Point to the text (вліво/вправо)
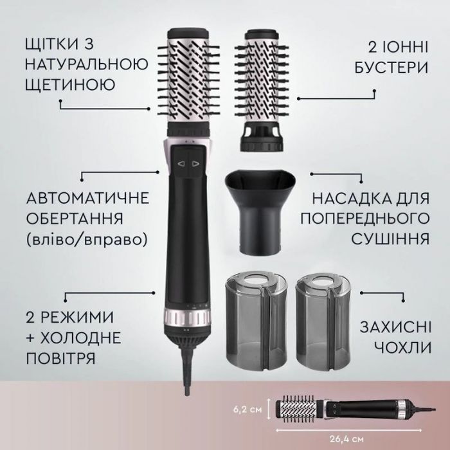point(84,239)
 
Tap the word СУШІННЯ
point(391,239)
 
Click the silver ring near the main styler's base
point(187,318)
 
